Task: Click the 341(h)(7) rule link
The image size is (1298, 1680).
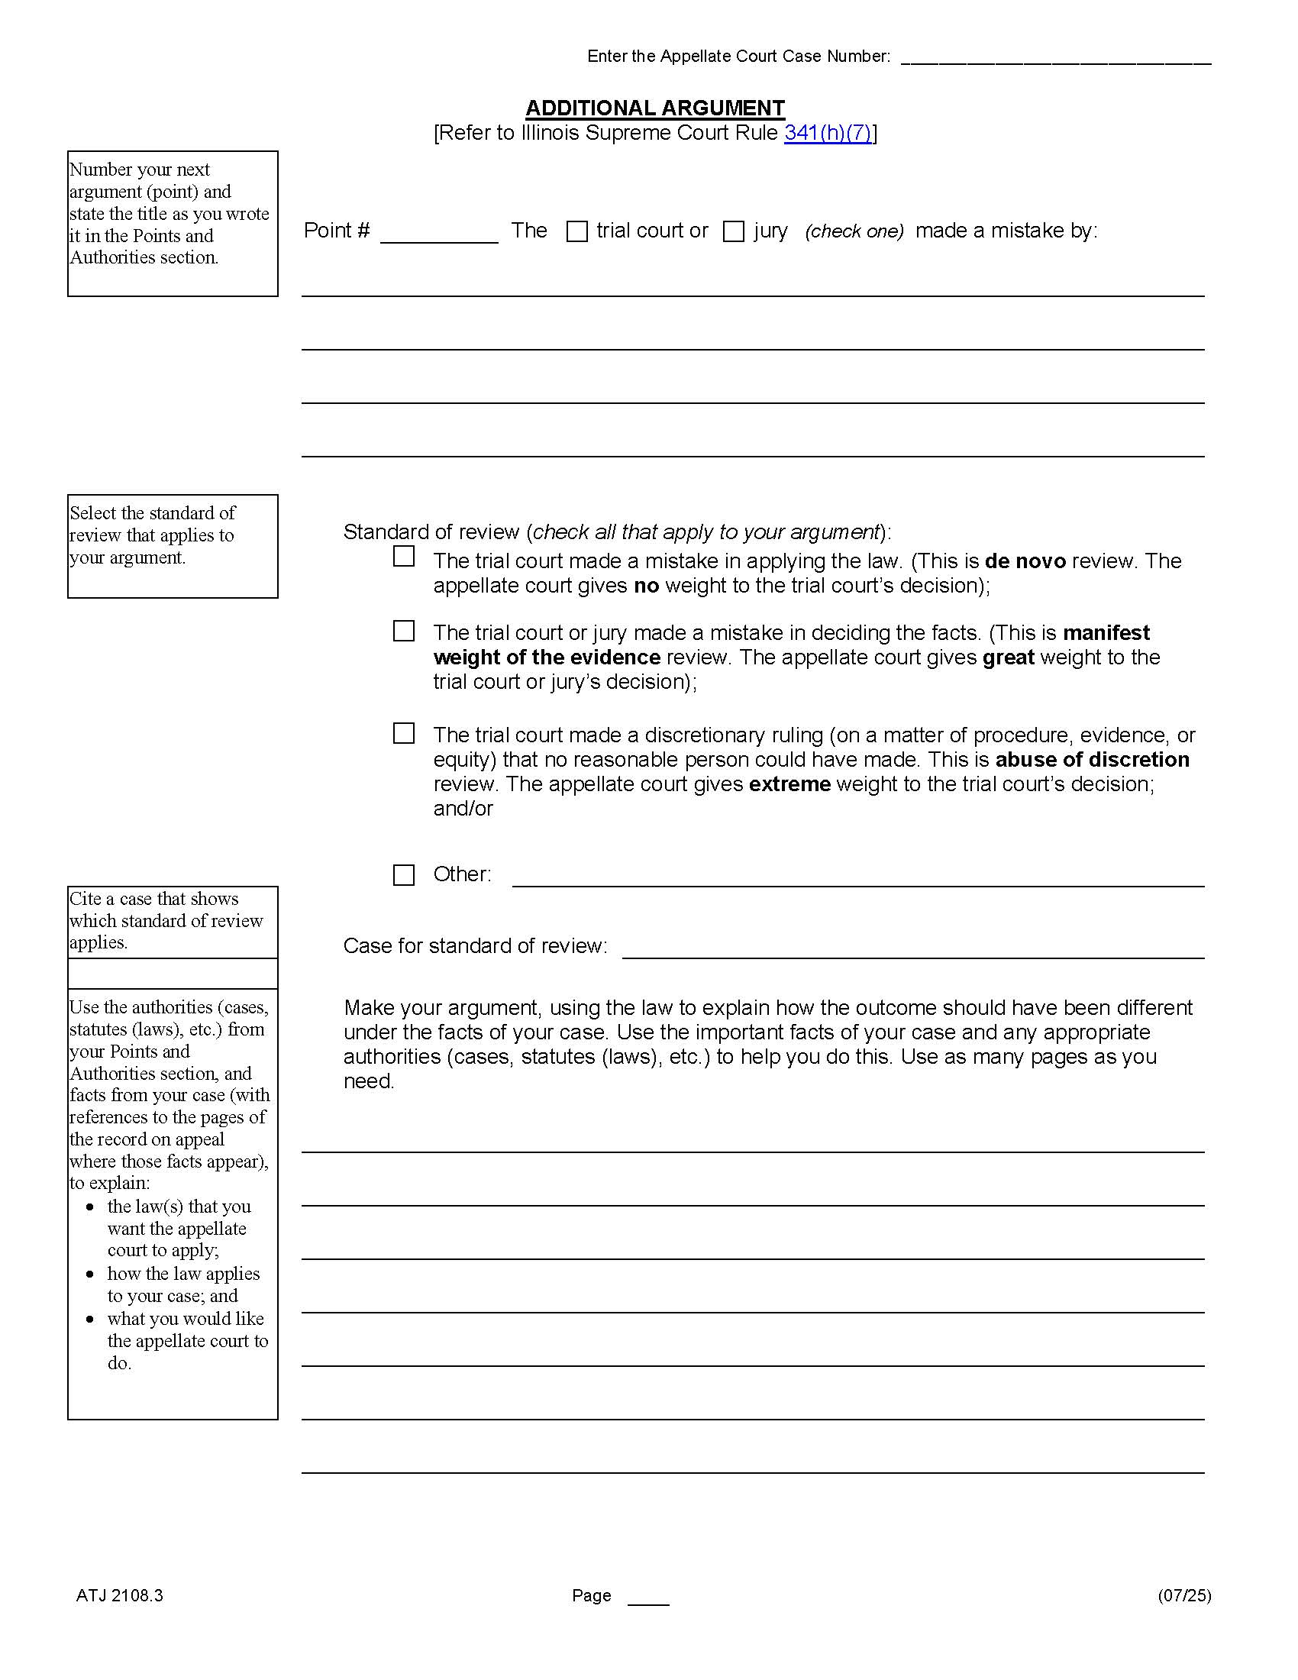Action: click(828, 133)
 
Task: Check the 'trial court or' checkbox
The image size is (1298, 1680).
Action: click(576, 231)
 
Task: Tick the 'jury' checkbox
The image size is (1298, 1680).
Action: click(734, 231)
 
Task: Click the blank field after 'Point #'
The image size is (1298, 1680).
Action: click(439, 233)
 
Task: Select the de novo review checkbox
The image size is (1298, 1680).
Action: click(404, 556)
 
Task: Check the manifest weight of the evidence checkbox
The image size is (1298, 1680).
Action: click(404, 632)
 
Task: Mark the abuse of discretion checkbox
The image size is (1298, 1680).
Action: click(404, 734)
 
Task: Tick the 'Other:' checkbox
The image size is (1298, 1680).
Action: click(404, 875)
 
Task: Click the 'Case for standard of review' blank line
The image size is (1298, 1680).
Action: click(912, 948)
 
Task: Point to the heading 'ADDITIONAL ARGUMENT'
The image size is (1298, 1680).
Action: click(655, 108)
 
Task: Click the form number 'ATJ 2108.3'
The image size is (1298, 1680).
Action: click(120, 1595)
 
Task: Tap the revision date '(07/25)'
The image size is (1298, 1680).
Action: click(1184, 1595)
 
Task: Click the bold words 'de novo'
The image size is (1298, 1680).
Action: click(1025, 561)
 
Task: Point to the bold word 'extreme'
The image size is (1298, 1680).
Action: click(789, 784)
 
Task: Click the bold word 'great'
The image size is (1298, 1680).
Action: click(1008, 657)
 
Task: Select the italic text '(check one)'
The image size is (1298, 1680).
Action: click(854, 231)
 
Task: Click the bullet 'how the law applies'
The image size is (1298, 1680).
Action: click(183, 1275)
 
